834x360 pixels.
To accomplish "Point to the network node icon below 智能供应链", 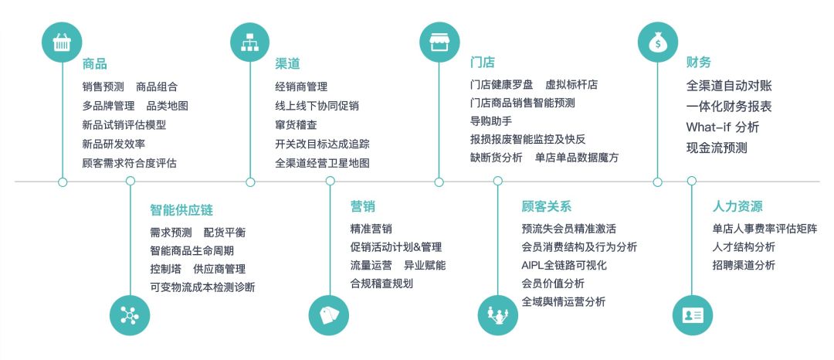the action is (130, 316).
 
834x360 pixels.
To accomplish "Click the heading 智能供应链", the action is (181, 209).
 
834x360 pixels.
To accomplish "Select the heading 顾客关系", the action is (547, 206).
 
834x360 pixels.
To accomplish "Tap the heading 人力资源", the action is (737, 206).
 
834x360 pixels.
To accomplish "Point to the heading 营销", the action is (363, 206).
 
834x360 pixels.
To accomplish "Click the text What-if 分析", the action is (723, 127).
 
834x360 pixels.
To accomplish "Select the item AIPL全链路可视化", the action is (564, 265).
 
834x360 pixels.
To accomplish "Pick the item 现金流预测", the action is (717, 148).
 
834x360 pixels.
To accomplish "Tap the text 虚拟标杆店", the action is (571, 84).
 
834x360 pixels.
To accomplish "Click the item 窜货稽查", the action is (296, 124).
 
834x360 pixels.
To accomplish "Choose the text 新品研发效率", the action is (114, 144).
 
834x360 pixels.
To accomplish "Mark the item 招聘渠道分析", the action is (744, 265).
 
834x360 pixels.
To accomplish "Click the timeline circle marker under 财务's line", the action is (658, 182).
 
